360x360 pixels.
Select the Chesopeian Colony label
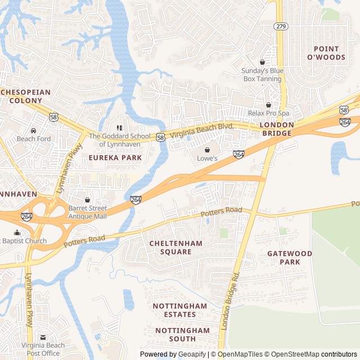pos(25,96)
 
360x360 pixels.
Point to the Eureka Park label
pos(115,158)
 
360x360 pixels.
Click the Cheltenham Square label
pos(178,247)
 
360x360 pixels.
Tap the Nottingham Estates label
pos(180,310)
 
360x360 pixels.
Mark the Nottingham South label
pos(182,335)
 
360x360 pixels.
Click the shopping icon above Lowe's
pos(207,150)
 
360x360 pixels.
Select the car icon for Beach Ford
pos(34,130)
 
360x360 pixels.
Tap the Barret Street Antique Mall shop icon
pos(87,200)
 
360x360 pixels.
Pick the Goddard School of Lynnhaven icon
pos(119,128)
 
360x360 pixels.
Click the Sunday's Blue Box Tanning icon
pos(262,62)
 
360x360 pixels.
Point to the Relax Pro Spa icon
pos(268,105)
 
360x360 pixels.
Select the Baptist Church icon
pos(17,232)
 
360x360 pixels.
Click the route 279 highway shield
pos(281,26)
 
